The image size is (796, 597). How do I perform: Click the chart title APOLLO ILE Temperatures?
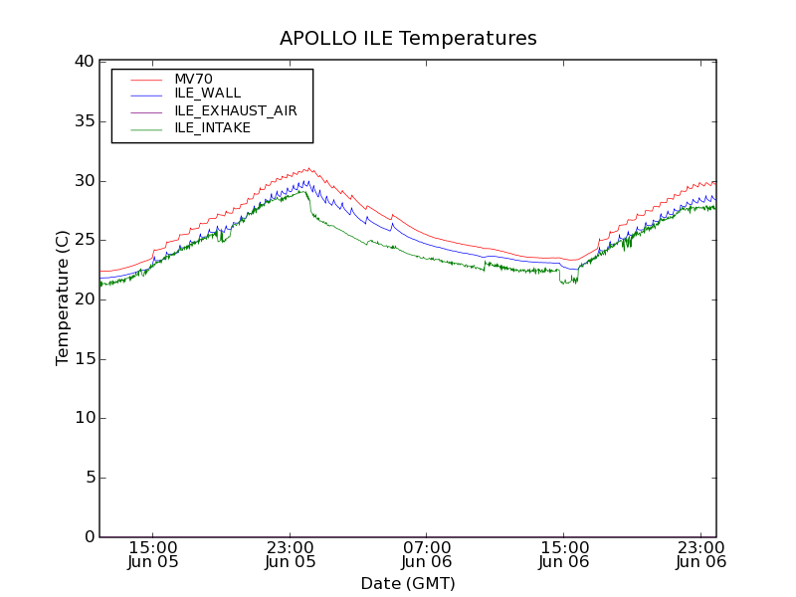point(408,39)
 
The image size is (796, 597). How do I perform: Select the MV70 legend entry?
point(193,80)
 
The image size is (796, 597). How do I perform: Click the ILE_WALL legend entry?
point(207,94)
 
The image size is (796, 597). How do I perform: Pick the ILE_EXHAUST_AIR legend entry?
point(236,110)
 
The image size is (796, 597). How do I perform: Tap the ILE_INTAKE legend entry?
point(212,127)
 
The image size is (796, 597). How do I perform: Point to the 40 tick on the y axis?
point(83,62)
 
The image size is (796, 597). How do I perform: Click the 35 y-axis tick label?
point(83,121)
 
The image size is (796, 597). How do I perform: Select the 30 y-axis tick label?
point(83,180)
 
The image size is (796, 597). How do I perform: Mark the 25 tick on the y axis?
point(83,240)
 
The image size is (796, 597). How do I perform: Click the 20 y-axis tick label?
point(83,299)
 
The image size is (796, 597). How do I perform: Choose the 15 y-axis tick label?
point(83,358)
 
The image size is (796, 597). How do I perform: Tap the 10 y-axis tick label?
point(83,418)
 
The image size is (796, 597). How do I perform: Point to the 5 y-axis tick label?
point(88,478)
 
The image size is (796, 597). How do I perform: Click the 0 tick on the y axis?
point(88,537)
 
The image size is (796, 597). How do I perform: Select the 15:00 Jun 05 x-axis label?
point(153,554)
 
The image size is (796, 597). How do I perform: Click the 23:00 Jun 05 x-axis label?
point(291,554)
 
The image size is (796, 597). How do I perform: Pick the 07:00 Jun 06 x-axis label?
point(427,554)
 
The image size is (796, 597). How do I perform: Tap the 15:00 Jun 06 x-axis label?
point(564,554)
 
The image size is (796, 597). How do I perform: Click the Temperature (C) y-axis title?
point(63,298)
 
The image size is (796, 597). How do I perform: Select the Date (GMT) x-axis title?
point(408,583)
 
